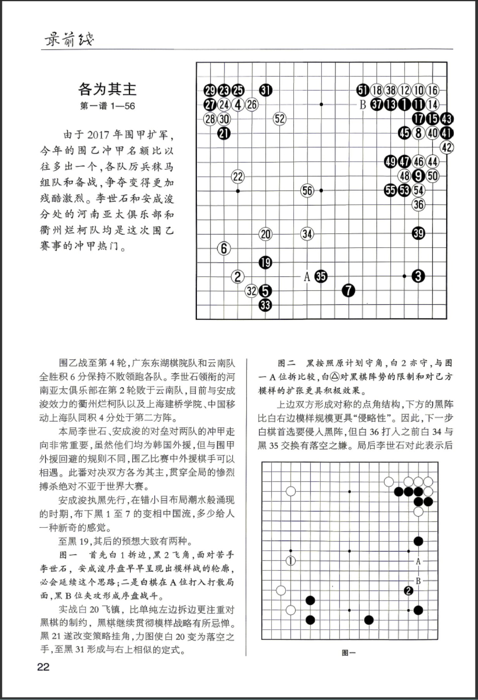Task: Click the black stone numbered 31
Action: coord(266,91)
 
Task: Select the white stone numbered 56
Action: coord(307,190)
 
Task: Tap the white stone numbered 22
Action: coord(238,177)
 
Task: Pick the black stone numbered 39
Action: coord(418,233)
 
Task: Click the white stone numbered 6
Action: coord(224,248)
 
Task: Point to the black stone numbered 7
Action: coord(349,290)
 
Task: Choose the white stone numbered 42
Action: coord(447,147)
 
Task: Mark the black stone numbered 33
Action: coord(265,305)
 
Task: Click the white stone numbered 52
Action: coord(280,119)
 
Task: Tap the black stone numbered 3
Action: coord(418,276)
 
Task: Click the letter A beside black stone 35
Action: coord(307,277)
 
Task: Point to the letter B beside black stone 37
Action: coord(363,104)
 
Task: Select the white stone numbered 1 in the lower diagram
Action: coord(291,560)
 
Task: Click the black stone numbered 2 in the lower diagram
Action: coord(408,590)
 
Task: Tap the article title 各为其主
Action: coord(107,89)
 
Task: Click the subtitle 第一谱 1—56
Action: coord(107,106)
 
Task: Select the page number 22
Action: coord(43,667)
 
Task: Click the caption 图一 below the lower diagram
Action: coord(349,653)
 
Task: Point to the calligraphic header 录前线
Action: coord(69,39)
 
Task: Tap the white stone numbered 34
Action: coord(307,234)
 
